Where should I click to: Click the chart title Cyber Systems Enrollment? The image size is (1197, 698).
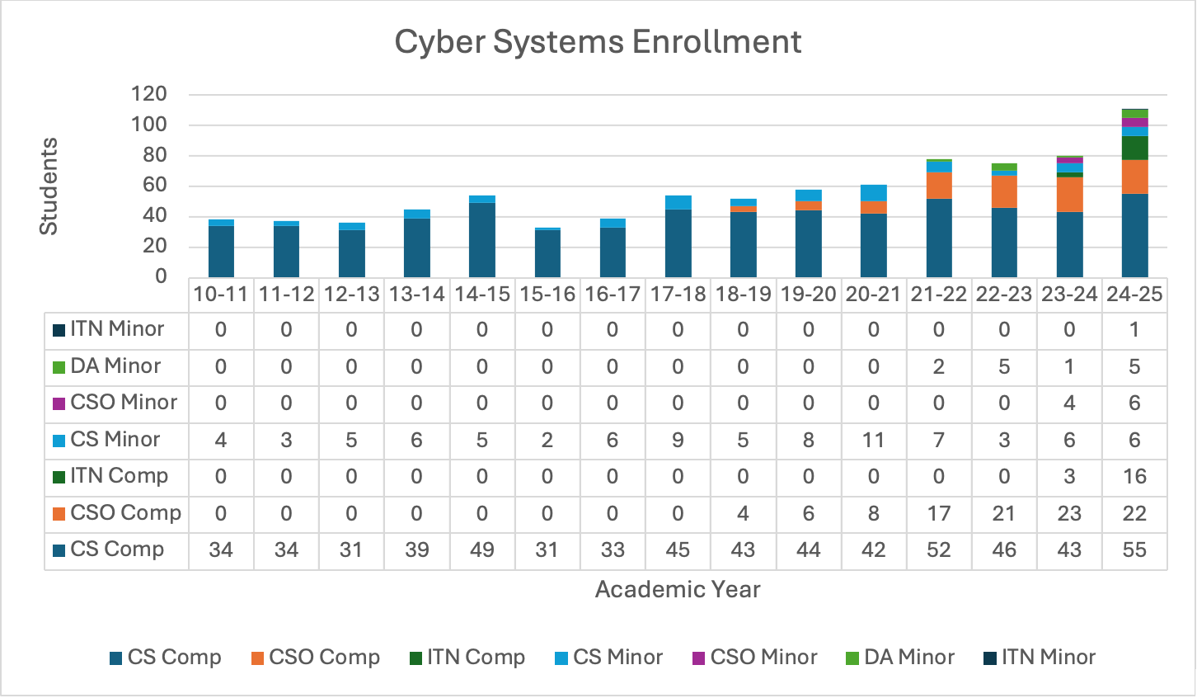(x=598, y=42)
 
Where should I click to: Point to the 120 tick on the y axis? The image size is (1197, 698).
(x=148, y=94)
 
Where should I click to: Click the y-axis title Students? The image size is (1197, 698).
(x=49, y=186)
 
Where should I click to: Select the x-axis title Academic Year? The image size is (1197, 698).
(x=677, y=589)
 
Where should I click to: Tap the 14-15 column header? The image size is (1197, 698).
(x=482, y=295)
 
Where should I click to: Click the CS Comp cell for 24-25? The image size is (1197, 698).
(x=1134, y=549)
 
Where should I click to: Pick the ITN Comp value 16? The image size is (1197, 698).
(x=1134, y=476)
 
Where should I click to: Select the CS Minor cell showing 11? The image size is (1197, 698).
(x=873, y=440)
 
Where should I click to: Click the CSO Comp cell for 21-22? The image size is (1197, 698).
(x=938, y=513)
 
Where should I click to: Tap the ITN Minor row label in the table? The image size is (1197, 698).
(x=116, y=329)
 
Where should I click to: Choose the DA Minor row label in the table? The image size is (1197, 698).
(x=115, y=366)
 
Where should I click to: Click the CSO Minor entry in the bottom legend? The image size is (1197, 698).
(x=763, y=658)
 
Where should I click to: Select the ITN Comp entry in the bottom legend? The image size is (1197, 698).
(x=475, y=658)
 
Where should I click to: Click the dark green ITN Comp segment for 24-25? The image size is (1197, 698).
(x=1134, y=148)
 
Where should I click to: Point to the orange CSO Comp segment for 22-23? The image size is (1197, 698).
(x=1004, y=191)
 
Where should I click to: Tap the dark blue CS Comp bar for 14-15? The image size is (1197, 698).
(x=482, y=239)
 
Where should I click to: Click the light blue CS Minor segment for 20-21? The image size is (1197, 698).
(x=873, y=192)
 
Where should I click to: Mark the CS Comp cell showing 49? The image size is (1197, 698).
(x=482, y=549)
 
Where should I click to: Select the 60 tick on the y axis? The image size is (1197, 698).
(x=155, y=186)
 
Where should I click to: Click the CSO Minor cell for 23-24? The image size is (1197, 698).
(x=1069, y=403)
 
